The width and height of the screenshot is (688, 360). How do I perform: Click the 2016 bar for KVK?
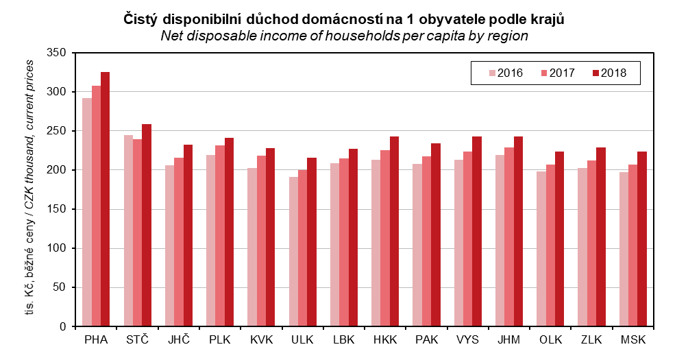point(252,247)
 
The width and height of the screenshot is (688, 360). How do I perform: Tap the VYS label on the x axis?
point(467,339)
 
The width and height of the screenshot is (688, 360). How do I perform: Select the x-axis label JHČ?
point(178,339)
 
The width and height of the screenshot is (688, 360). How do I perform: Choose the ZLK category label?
point(591,339)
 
